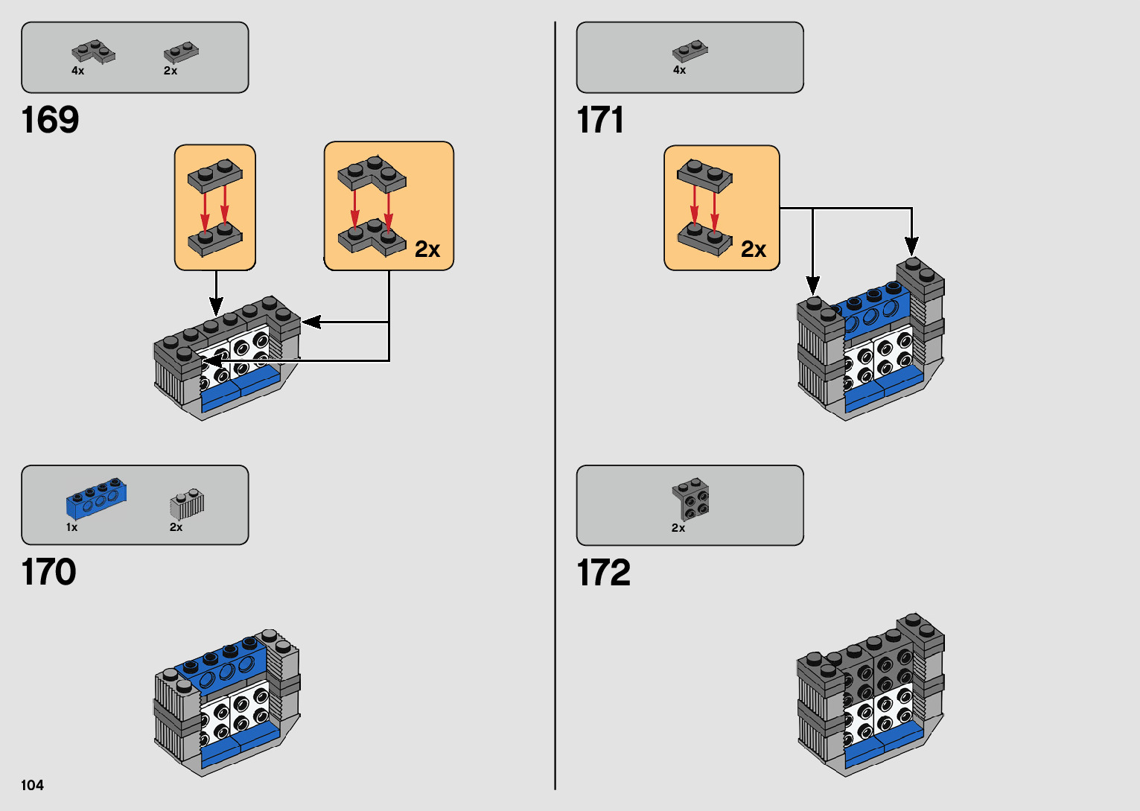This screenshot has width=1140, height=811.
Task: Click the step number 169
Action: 50,120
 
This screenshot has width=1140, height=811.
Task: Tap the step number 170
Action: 49,572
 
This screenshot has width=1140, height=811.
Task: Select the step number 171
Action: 600,120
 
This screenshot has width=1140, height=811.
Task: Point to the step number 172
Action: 603,572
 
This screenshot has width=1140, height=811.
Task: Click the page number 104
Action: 32,785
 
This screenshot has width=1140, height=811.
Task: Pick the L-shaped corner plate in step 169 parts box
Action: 93,51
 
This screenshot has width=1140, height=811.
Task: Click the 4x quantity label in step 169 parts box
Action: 77,71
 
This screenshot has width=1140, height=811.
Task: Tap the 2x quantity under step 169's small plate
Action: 171,71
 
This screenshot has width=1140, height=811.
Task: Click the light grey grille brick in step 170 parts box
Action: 187,504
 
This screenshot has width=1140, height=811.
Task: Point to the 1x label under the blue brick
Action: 71,527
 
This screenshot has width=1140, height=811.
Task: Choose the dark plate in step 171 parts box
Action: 690,51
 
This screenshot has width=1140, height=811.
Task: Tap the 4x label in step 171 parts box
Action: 679,70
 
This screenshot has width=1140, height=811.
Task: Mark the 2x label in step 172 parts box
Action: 678,528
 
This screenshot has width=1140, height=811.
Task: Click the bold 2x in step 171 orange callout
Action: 754,249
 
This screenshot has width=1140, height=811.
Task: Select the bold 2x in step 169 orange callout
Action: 427,249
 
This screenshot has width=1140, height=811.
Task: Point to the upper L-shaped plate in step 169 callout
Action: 371,174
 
